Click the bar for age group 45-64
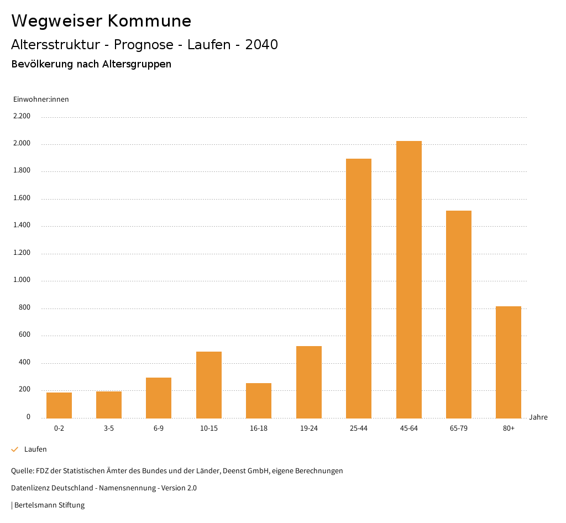point(408,279)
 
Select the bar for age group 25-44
point(359,288)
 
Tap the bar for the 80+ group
point(509,362)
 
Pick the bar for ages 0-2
point(59,405)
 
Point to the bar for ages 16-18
point(259,400)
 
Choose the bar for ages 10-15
point(209,385)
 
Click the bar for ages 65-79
point(459,314)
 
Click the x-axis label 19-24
point(309,428)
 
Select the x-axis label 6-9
point(159,428)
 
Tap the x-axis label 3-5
point(109,428)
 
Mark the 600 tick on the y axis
point(24,334)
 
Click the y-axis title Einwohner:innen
point(41,100)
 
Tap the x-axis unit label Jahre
point(538,417)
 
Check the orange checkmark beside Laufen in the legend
point(15,449)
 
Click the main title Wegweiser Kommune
point(101,21)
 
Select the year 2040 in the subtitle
point(261,45)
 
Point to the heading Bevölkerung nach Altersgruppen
point(91,64)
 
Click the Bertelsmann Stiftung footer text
point(49,505)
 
